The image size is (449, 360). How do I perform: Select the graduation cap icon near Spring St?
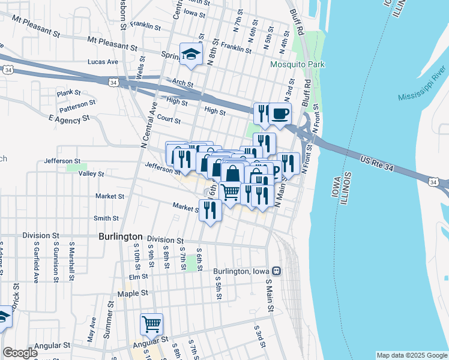[x=191, y=54]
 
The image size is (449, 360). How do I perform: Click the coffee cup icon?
[x=280, y=113]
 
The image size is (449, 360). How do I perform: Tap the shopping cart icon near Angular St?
[x=152, y=325]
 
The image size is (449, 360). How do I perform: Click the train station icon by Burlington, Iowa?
[x=276, y=271]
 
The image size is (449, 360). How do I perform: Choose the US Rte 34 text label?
[x=378, y=161]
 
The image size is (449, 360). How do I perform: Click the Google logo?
[x=19, y=353]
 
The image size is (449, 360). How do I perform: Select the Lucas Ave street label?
[x=103, y=62]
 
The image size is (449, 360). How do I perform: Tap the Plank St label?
[x=68, y=93]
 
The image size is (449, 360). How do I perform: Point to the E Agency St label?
[x=69, y=119]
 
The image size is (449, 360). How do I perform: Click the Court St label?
[x=169, y=120]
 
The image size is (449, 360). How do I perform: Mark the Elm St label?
[x=138, y=277]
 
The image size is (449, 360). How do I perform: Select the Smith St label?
[x=106, y=218]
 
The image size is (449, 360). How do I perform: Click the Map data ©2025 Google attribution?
[x=412, y=355]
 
